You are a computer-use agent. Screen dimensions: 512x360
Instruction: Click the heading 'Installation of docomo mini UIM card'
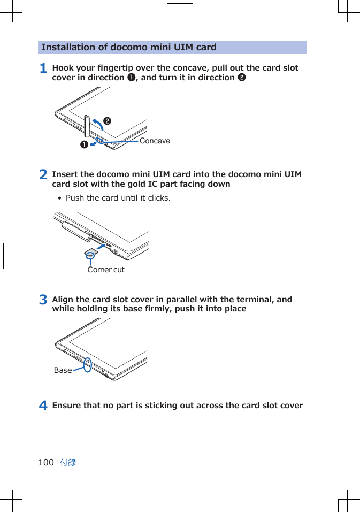point(129,47)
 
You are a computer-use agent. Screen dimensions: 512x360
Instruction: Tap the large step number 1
point(43,68)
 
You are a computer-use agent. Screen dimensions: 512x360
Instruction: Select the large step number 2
point(43,175)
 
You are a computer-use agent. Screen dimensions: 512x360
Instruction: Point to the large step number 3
point(43,300)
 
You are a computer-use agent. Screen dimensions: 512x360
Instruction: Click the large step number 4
point(43,406)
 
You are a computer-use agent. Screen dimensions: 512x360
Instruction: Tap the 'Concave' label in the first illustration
point(155,141)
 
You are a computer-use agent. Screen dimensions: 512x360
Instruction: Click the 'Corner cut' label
point(106,270)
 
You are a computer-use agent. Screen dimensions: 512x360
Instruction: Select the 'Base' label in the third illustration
point(63,370)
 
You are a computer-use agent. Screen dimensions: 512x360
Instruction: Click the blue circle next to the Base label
point(88,365)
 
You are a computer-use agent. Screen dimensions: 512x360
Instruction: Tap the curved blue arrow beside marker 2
point(97,123)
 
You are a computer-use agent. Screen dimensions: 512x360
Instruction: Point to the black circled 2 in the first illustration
point(108,121)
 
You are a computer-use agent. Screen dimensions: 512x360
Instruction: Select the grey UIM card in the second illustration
point(90,252)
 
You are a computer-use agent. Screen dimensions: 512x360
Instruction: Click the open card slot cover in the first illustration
point(87,126)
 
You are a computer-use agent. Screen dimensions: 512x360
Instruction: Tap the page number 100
point(46,462)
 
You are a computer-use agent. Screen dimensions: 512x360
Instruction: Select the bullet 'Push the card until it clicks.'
point(118,198)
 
